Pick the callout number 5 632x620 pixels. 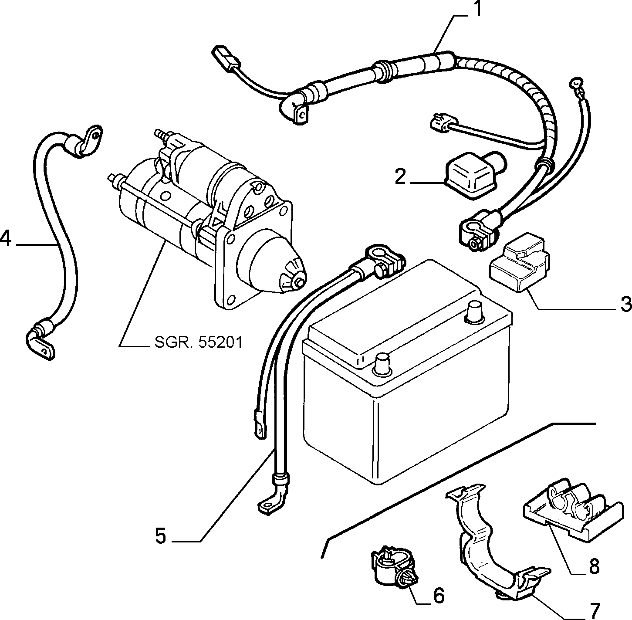pos(161,536)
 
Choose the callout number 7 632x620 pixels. pos(593,610)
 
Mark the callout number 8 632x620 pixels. pos(594,566)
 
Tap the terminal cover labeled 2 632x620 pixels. pos(472,175)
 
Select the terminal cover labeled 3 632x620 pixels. pos(519,263)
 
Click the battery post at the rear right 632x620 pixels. pos(475,313)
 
